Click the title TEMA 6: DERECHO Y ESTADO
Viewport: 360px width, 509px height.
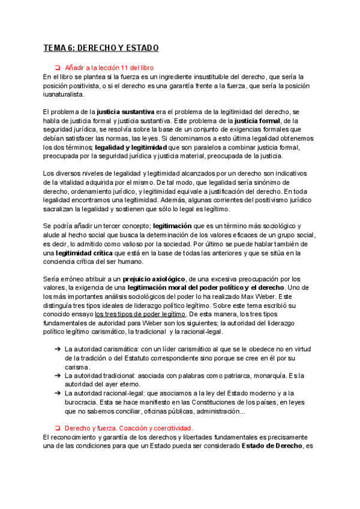(x=101, y=48)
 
